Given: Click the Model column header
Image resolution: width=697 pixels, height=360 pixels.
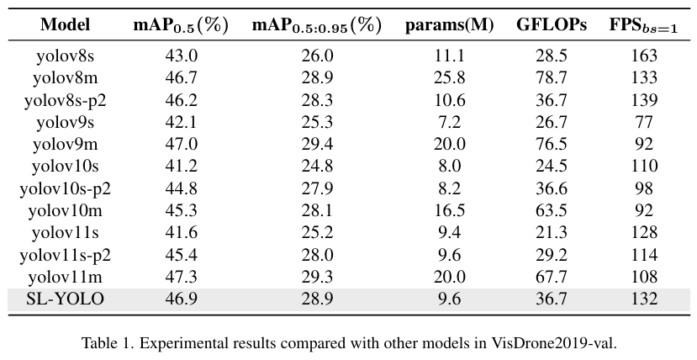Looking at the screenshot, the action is pyautogui.click(x=65, y=24).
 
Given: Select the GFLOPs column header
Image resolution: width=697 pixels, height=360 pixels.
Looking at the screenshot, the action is pyautogui.click(x=552, y=24).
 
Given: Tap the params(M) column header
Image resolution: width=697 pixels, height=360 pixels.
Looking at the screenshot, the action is pyautogui.click(x=450, y=25).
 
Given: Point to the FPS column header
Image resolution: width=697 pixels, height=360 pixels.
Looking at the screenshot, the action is pyautogui.click(x=643, y=25).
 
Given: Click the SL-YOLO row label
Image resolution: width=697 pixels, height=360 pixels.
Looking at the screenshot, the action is pyautogui.click(x=65, y=299).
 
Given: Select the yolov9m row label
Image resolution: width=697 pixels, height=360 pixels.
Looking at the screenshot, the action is pyautogui.click(x=65, y=145).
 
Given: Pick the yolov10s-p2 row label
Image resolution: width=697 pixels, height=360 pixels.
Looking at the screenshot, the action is pyautogui.click(x=65, y=189).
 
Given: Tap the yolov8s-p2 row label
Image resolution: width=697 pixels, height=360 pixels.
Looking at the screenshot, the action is pyautogui.click(x=65, y=100).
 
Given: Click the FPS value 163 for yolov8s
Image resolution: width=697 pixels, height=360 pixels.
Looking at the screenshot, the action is pyautogui.click(x=644, y=56).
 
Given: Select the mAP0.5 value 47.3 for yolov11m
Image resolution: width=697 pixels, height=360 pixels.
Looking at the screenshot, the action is pyautogui.click(x=182, y=277).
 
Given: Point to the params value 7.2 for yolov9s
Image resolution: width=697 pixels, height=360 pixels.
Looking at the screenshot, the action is pyautogui.click(x=450, y=122).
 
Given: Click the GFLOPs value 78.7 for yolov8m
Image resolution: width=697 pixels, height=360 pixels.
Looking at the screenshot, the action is pyautogui.click(x=552, y=77).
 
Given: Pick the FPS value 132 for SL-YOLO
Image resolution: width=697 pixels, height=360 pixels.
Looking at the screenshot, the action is pyautogui.click(x=644, y=299).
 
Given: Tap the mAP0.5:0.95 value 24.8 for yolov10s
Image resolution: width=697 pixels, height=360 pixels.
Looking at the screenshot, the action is pyautogui.click(x=317, y=167).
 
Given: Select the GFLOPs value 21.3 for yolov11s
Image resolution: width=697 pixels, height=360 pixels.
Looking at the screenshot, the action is pyautogui.click(x=552, y=232).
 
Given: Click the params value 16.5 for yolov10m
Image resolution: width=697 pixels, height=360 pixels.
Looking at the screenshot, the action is pyautogui.click(x=450, y=210).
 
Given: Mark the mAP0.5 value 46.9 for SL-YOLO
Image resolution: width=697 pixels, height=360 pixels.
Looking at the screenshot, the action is pyautogui.click(x=182, y=299).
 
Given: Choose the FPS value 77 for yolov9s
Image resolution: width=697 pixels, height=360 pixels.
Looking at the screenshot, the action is pyautogui.click(x=644, y=122).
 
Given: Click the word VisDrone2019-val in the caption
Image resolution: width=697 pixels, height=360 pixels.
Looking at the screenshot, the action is pyautogui.click(x=554, y=343).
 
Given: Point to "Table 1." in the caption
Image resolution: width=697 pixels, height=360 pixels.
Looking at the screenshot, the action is pyautogui.click(x=107, y=343).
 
